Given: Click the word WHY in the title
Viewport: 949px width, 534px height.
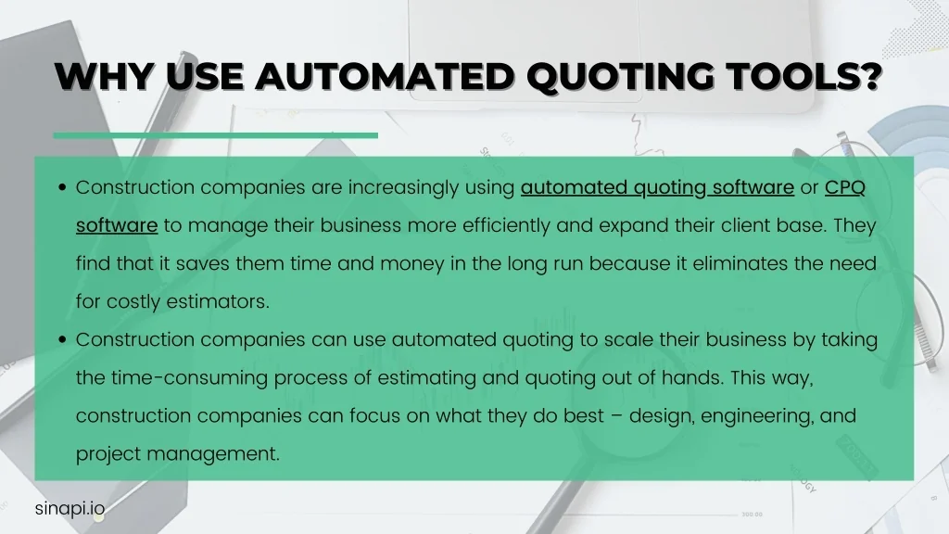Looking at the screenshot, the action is [104, 77].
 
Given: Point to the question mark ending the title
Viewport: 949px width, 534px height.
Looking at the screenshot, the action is [873, 77].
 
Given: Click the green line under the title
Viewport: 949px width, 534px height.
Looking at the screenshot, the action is [215, 135].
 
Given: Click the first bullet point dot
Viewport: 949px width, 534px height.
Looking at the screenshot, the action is [62, 187].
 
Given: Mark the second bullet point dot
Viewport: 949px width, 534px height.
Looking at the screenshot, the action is [62, 339].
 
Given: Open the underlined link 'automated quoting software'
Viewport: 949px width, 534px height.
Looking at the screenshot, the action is [657, 188].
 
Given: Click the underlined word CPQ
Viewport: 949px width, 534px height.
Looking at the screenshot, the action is [845, 187].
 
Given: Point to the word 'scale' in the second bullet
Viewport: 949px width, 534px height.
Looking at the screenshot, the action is [628, 339].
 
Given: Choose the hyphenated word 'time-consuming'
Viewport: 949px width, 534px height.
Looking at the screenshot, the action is [189, 378].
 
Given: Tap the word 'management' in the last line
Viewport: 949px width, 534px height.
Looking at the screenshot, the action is [213, 454].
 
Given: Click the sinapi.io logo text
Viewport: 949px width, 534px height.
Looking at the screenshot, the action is [70, 509].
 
